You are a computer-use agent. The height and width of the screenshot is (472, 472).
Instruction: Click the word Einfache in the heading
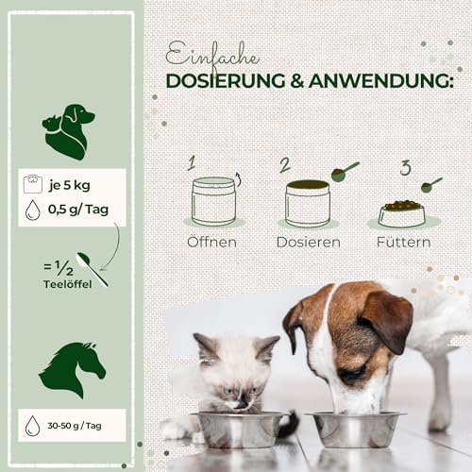[205, 53]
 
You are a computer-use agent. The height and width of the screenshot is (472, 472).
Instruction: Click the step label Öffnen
[211, 242]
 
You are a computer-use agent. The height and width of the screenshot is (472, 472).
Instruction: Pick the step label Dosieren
[308, 242]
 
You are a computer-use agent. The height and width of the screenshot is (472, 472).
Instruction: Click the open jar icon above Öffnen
[213, 200]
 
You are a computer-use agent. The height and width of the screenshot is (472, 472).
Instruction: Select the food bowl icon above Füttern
[401, 212]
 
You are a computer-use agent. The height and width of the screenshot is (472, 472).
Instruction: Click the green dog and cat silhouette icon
[69, 130]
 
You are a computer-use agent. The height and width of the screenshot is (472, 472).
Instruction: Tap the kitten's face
[228, 374]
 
